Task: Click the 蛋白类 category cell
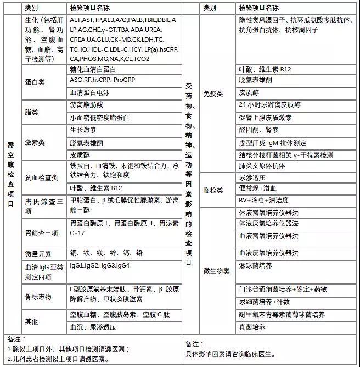[x=35, y=81]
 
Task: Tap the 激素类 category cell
[x=35, y=142]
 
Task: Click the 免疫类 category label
[x=213, y=93]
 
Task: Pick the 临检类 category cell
[x=213, y=190]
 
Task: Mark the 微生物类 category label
[x=216, y=271]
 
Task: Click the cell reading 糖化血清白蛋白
[x=93, y=70]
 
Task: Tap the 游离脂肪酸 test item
[x=86, y=104]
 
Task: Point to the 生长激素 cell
[x=83, y=130]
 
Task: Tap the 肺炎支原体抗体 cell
[x=262, y=165]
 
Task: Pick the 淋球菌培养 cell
[x=256, y=265]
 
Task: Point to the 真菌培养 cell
[x=252, y=327]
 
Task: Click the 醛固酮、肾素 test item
[x=258, y=130]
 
